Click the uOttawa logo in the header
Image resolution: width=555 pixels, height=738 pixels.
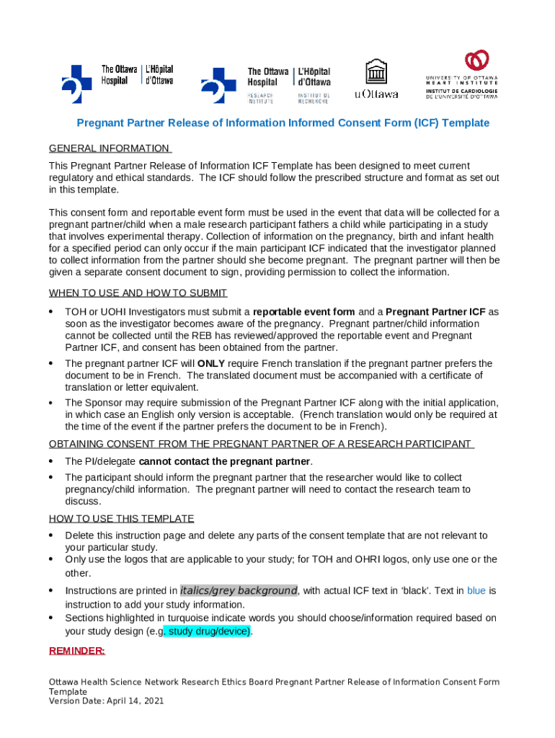[x=376, y=79]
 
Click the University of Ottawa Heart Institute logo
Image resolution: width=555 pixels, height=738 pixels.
[x=461, y=79]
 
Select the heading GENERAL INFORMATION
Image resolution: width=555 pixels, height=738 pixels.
[x=109, y=148]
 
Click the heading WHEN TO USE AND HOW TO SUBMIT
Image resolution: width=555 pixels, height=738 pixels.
[x=138, y=293]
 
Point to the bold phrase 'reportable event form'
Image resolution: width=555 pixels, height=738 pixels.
[x=303, y=312]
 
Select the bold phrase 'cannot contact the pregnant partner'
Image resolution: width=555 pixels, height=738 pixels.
[x=225, y=461]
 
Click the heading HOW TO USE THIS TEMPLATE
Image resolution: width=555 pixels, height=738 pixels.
[x=121, y=518]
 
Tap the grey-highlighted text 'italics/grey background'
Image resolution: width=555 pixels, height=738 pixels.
[x=239, y=590]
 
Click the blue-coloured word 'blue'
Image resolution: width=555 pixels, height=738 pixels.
[x=476, y=590]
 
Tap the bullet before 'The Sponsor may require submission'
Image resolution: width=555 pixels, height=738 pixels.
[x=51, y=402]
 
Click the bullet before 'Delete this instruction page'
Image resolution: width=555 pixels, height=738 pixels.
[x=51, y=535]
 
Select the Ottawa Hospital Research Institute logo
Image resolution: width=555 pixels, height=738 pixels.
[x=265, y=84]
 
